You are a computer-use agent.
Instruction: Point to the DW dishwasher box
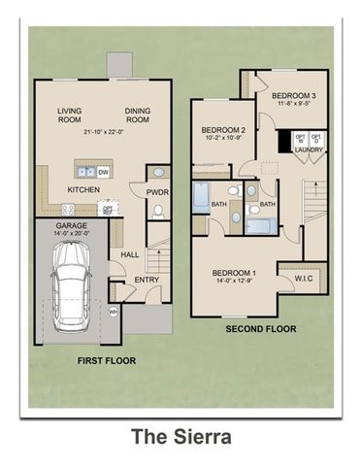[104, 172]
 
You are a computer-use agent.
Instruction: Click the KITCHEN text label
[82, 190]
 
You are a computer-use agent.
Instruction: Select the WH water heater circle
[113, 312]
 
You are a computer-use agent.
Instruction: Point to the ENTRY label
[147, 280]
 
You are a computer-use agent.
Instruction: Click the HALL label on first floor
[129, 254]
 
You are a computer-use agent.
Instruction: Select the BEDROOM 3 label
[292, 96]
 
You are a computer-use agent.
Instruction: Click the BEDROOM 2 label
[222, 130]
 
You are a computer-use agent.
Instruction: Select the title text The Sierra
[181, 437]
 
